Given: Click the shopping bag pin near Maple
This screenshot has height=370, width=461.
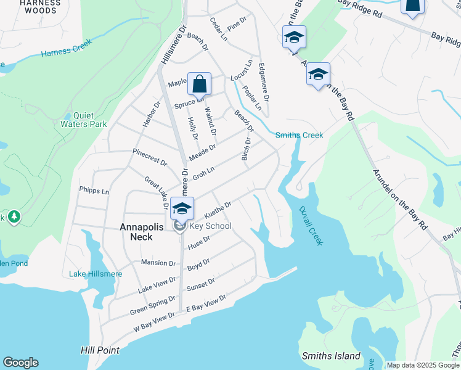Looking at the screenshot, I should tap(199, 83).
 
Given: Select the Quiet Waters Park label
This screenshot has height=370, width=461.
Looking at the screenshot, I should tap(90, 120).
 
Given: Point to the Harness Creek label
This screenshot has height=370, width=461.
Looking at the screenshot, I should tap(67, 49).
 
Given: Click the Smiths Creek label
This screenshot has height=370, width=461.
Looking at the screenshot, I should tap(299, 135).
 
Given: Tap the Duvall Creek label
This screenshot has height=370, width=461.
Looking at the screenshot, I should tap(311, 226).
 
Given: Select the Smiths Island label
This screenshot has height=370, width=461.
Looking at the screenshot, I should tap(331, 356).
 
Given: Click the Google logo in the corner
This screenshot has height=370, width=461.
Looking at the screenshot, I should tap(20, 363).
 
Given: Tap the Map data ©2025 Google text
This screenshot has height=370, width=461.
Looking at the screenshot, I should tap(423, 365).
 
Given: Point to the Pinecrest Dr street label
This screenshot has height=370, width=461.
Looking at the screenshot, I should tap(150, 157).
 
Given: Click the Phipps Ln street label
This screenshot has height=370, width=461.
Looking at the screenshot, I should tap(94, 191).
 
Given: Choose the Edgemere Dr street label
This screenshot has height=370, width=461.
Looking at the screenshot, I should tap(264, 83).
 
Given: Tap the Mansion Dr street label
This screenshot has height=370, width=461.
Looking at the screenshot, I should tap(158, 263).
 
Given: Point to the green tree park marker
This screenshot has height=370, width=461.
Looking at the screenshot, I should tap(14, 217).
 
